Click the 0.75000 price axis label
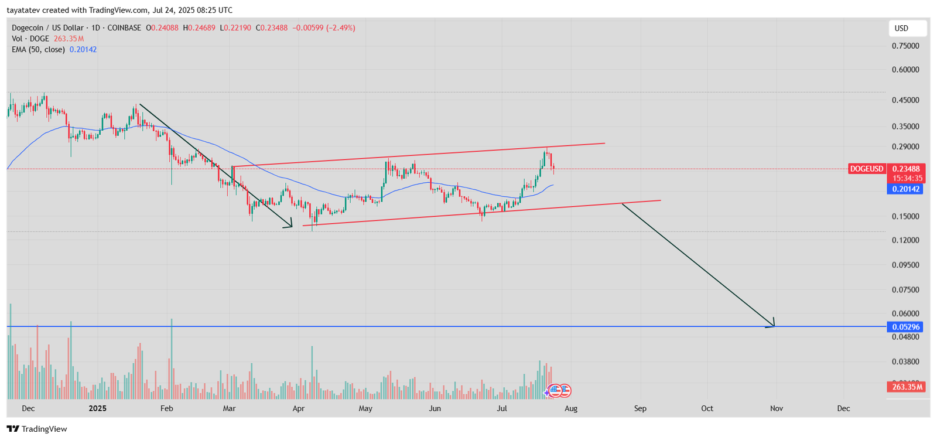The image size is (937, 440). [x=905, y=46]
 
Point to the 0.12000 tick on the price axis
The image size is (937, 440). [x=905, y=240]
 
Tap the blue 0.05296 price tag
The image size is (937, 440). [x=905, y=327]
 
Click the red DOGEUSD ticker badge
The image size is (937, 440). [x=867, y=169]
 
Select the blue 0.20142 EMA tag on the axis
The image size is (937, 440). [x=906, y=189]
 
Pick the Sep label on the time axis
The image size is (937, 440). [x=640, y=408]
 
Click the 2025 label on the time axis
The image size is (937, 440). [x=97, y=408]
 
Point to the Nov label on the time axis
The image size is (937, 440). [x=777, y=408]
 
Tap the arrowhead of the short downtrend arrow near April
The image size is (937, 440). [x=289, y=225]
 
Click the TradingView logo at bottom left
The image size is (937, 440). [x=37, y=429]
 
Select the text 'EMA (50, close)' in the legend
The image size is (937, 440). [x=38, y=50]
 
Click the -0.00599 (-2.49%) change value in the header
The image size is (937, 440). [x=324, y=28]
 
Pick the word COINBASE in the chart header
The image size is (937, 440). [x=124, y=28]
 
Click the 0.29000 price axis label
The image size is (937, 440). [x=905, y=146]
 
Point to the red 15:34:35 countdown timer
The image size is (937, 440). [x=907, y=178]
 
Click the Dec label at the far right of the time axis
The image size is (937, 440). [x=843, y=408]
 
